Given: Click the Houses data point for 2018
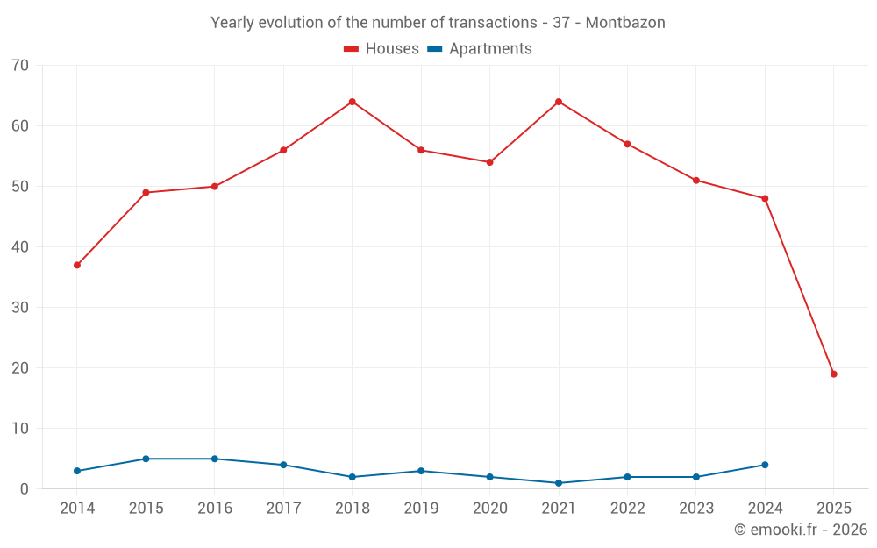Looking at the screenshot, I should pyautogui.click(x=353, y=102).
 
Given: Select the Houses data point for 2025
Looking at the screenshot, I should pyautogui.click(x=833, y=374).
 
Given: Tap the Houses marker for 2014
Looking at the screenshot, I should pyautogui.click(x=77, y=265).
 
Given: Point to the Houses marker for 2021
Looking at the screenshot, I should pyautogui.click(x=559, y=102).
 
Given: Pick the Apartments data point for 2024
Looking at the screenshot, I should pyautogui.click(x=765, y=465).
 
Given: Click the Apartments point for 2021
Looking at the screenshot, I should pyautogui.click(x=559, y=483).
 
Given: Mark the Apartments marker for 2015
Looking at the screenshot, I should pyautogui.click(x=146, y=459).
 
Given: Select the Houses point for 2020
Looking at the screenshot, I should pyautogui.click(x=489, y=162).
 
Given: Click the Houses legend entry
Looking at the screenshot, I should pyautogui.click(x=381, y=49).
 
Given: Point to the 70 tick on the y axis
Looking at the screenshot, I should pyautogui.click(x=20, y=66).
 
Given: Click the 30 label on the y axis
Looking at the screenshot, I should pyautogui.click(x=20, y=308).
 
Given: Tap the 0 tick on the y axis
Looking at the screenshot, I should pyautogui.click(x=25, y=489).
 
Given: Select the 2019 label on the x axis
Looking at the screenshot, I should pyautogui.click(x=421, y=509).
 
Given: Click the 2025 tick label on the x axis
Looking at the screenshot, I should pyautogui.click(x=833, y=509).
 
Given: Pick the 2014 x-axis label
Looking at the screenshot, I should pyautogui.click(x=77, y=509).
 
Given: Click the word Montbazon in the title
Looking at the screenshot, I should pyautogui.click(x=625, y=23).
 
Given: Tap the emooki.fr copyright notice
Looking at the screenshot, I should pyautogui.click(x=800, y=530).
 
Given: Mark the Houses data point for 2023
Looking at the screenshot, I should pyautogui.click(x=696, y=181).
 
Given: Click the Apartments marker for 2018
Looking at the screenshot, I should pyautogui.click(x=353, y=477).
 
